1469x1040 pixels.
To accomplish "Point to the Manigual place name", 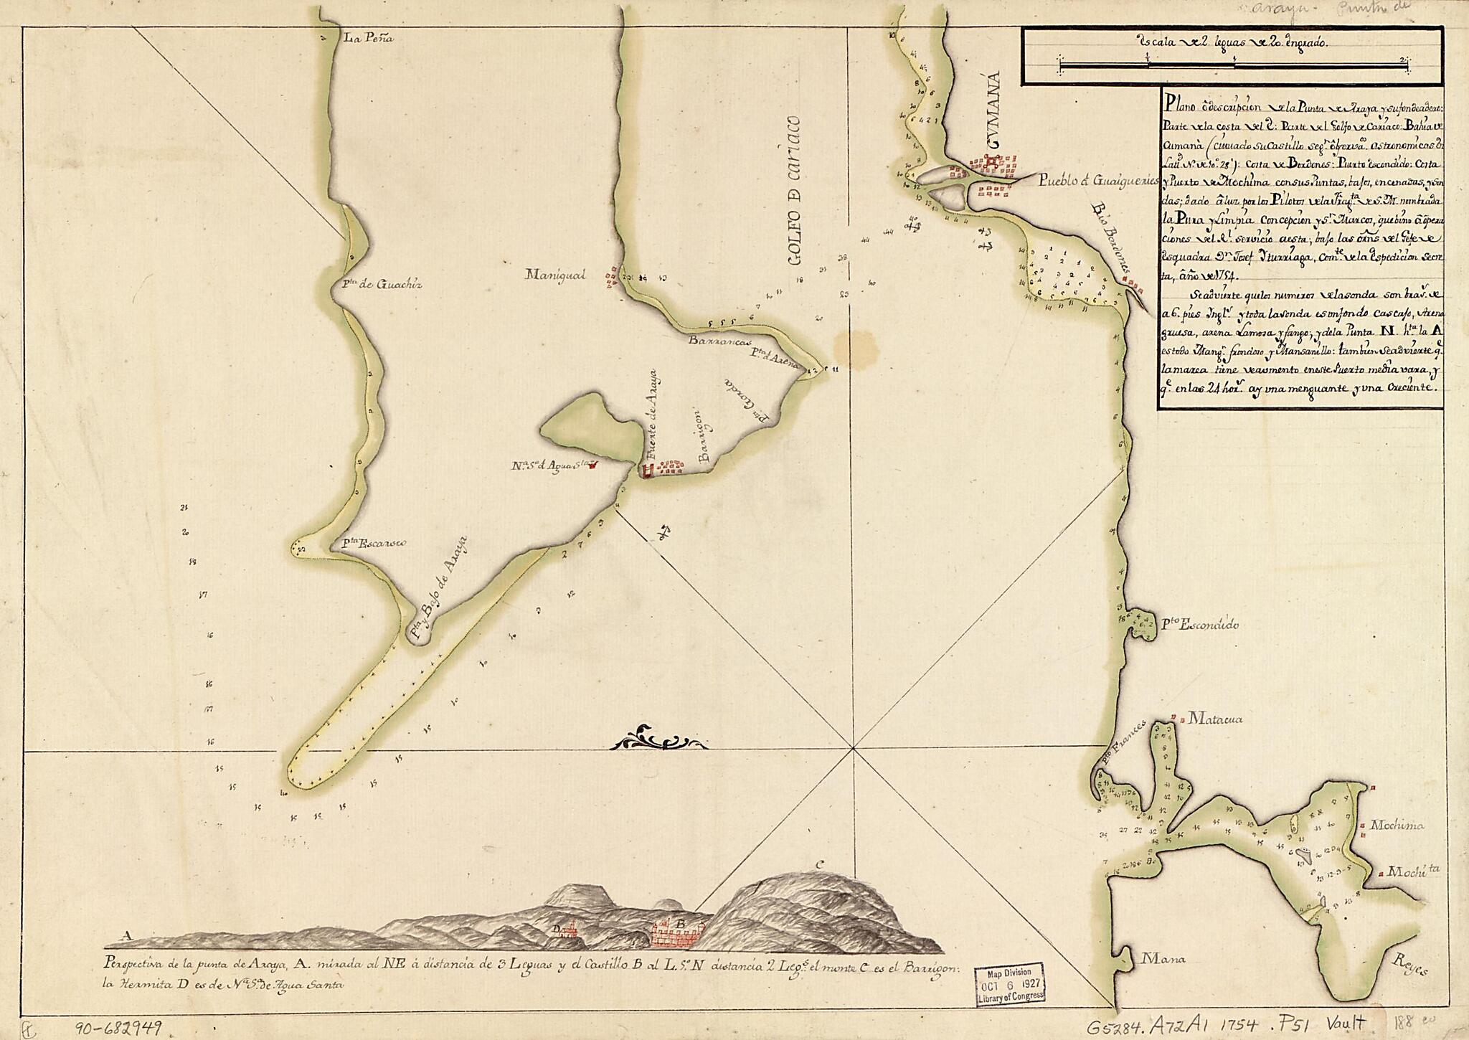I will pyautogui.click(x=556, y=274).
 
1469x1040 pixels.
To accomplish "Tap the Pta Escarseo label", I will pyautogui.click(x=374, y=543).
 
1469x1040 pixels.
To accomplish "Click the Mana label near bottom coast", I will pyautogui.click(x=1163, y=958).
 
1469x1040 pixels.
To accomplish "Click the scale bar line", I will pyautogui.click(x=1234, y=67).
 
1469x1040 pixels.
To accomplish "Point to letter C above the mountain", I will pyautogui.click(x=818, y=864).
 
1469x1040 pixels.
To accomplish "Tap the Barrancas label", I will pyautogui.click(x=712, y=341).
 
